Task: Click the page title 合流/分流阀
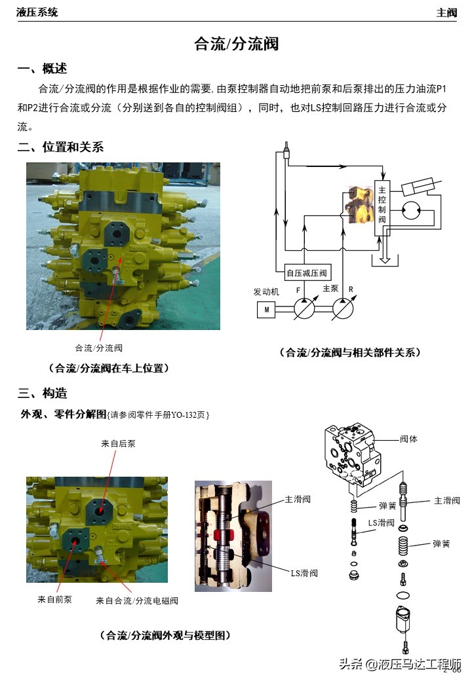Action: [236, 44]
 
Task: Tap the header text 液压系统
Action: [37, 12]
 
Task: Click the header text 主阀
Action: [446, 12]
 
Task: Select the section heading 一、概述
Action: [42, 69]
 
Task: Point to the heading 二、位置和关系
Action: [60, 147]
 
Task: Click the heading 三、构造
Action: [42, 393]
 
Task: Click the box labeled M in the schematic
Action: [265, 309]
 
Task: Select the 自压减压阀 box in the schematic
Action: [306, 274]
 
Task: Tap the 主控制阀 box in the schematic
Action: [382, 204]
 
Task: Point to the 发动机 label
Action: [266, 291]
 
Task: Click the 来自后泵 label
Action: [118, 443]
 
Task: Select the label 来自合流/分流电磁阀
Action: [137, 600]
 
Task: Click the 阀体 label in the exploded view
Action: [408, 439]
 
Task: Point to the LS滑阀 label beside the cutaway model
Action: [304, 573]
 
